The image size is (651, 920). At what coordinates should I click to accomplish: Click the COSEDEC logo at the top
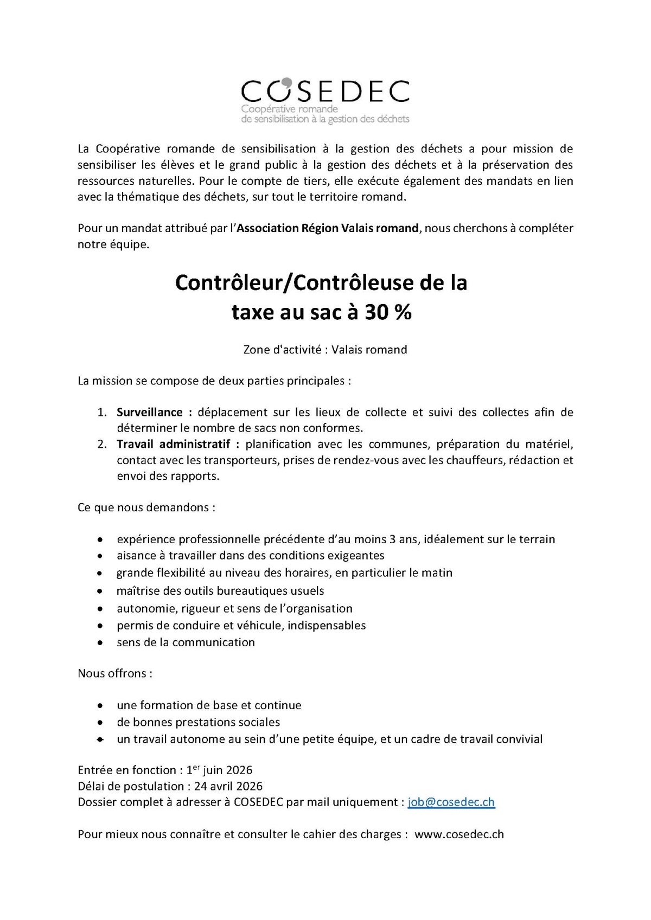coord(325,101)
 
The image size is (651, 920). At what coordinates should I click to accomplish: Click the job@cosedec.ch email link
coord(451,802)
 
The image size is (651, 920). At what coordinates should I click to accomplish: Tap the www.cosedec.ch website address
coord(459,834)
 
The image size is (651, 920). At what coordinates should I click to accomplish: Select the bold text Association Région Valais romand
coord(328,228)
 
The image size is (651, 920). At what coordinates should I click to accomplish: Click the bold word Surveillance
coord(149,412)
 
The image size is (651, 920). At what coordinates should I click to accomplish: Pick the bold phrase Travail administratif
coord(174,444)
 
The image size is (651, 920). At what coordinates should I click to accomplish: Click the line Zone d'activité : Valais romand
coord(325,350)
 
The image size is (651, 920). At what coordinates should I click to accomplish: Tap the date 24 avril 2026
coord(228,786)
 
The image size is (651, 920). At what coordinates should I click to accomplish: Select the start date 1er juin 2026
coord(219,770)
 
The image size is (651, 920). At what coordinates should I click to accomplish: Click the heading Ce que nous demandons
coord(146,507)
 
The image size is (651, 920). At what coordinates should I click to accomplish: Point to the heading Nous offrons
coord(115,673)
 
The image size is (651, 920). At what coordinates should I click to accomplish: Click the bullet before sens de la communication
coord(100,643)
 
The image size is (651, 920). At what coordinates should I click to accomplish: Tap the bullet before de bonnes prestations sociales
coord(100,723)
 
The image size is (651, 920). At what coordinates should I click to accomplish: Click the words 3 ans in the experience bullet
coord(403,539)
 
